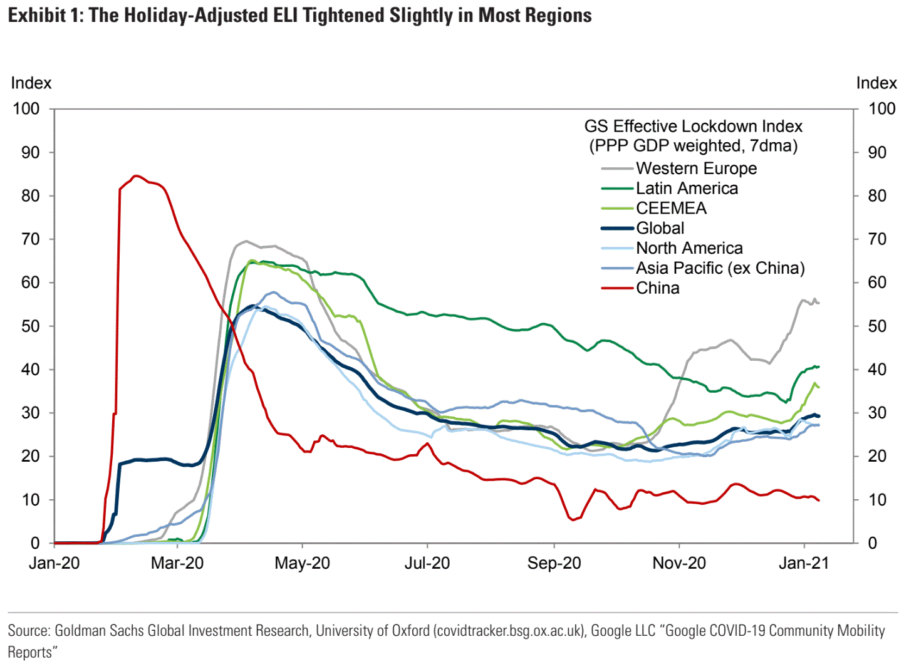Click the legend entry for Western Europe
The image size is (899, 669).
(x=696, y=169)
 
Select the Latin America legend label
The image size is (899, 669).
(x=687, y=189)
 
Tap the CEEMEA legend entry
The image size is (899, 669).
(x=671, y=209)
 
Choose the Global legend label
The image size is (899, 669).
(x=660, y=229)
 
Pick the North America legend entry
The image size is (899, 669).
(x=689, y=249)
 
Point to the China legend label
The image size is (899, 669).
(x=657, y=288)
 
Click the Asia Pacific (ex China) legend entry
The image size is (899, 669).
(x=720, y=268)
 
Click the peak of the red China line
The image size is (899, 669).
(x=137, y=176)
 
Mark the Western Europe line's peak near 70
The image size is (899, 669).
(x=246, y=241)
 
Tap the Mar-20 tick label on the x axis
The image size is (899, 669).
(x=177, y=563)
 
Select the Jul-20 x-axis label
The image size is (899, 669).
(x=427, y=563)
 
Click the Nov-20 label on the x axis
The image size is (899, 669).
(x=679, y=563)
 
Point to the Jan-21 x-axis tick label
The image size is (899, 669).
(x=804, y=563)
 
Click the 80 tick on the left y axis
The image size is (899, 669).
(x=30, y=196)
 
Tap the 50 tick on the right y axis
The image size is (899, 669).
(x=877, y=326)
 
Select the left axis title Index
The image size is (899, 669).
(x=31, y=83)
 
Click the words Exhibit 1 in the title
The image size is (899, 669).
(x=44, y=15)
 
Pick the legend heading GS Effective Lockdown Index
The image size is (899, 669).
(x=693, y=127)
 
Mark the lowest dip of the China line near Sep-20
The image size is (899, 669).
(x=573, y=520)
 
